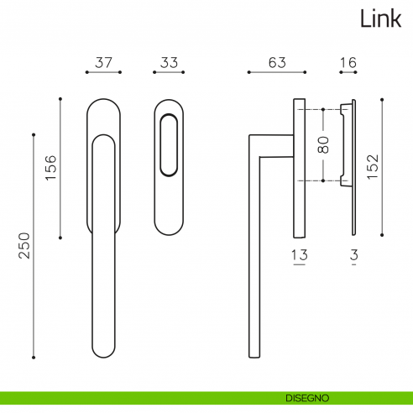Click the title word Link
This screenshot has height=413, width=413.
pos(380,18)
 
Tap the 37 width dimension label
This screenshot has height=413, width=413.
pos(103,62)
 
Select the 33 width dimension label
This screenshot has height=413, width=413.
pos(169,62)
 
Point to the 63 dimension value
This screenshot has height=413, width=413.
pos(277,62)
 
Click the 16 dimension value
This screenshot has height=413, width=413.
pos(348,62)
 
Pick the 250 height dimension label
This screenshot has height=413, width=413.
pos(24,245)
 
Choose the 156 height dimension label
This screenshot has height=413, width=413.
pos(50,168)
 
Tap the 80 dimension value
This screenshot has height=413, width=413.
pos(323,144)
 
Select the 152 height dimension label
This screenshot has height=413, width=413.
pos(373,167)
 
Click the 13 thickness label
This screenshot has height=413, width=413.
pos(300,255)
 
